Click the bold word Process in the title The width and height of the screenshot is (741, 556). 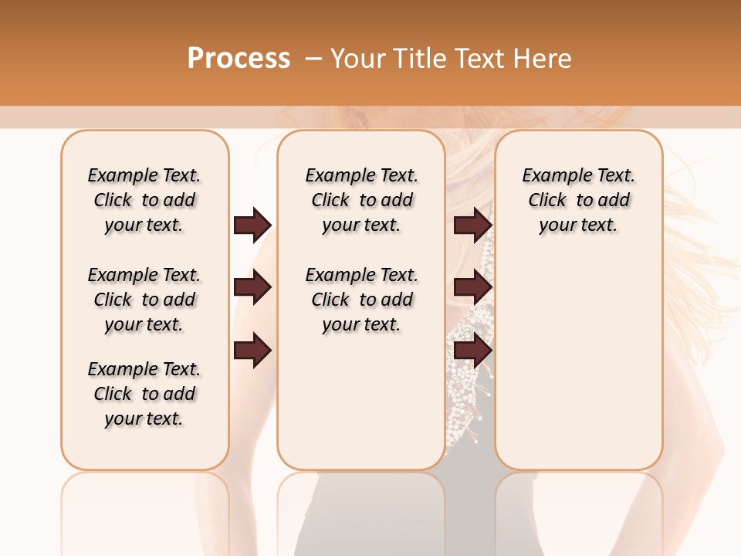[x=239, y=58]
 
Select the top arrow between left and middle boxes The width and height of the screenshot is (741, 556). [x=252, y=225]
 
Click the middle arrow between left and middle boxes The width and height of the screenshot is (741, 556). [x=252, y=287]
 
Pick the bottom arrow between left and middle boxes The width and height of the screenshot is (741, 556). [x=252, y=351]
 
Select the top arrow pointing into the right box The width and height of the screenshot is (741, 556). [x=472, y=225]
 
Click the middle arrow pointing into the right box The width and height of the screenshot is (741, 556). [x=472, y=287]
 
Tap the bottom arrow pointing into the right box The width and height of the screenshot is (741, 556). [x=472, y=351]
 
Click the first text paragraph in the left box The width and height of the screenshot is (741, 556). [x=144, y=200]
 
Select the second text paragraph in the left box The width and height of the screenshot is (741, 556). [x=144, y=300]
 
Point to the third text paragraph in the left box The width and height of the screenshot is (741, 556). [x=144, y=394]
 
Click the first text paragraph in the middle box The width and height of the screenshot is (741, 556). [x=361, y=200]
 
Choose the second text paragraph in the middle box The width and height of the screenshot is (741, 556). [x=361, y=300]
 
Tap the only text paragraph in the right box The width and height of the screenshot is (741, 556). [x=578, y=200]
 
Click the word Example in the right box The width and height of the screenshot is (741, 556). [x=551, y=176]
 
